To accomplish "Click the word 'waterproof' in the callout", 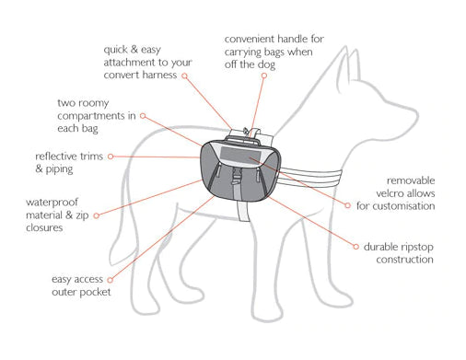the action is click(52, 203).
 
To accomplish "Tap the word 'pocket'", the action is click(95, 292).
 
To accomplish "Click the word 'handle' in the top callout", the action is click(291, 39).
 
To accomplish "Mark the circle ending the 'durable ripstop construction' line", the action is click(355, 247).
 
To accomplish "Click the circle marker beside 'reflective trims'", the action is click(111, 157).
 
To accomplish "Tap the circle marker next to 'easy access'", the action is click(111, 280).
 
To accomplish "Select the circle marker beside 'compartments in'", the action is click(143, 116).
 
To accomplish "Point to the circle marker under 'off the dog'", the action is click(264, 75).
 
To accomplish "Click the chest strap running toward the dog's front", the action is click(310, 178).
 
